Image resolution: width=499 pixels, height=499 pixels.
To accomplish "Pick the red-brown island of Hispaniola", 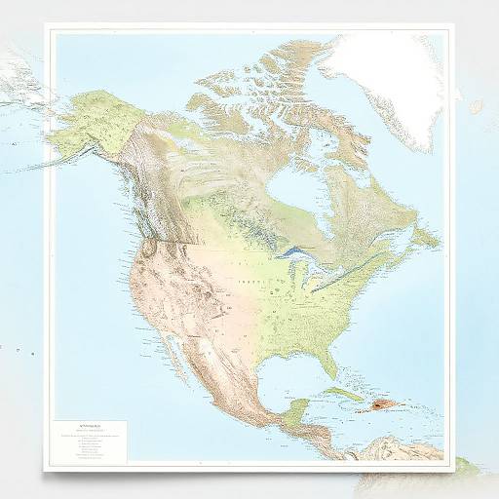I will point(383,403).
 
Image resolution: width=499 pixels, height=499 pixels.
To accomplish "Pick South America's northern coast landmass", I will point(409,450).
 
